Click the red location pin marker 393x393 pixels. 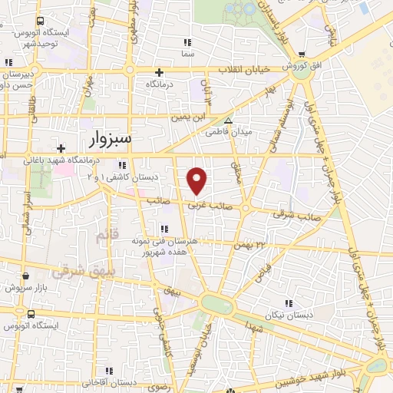[197, 180]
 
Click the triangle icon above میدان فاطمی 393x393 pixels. [227, 121]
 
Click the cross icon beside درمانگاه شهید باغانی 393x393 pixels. [61, 147]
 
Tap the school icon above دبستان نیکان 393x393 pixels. [289, 305]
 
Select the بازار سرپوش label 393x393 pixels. [28, 287]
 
